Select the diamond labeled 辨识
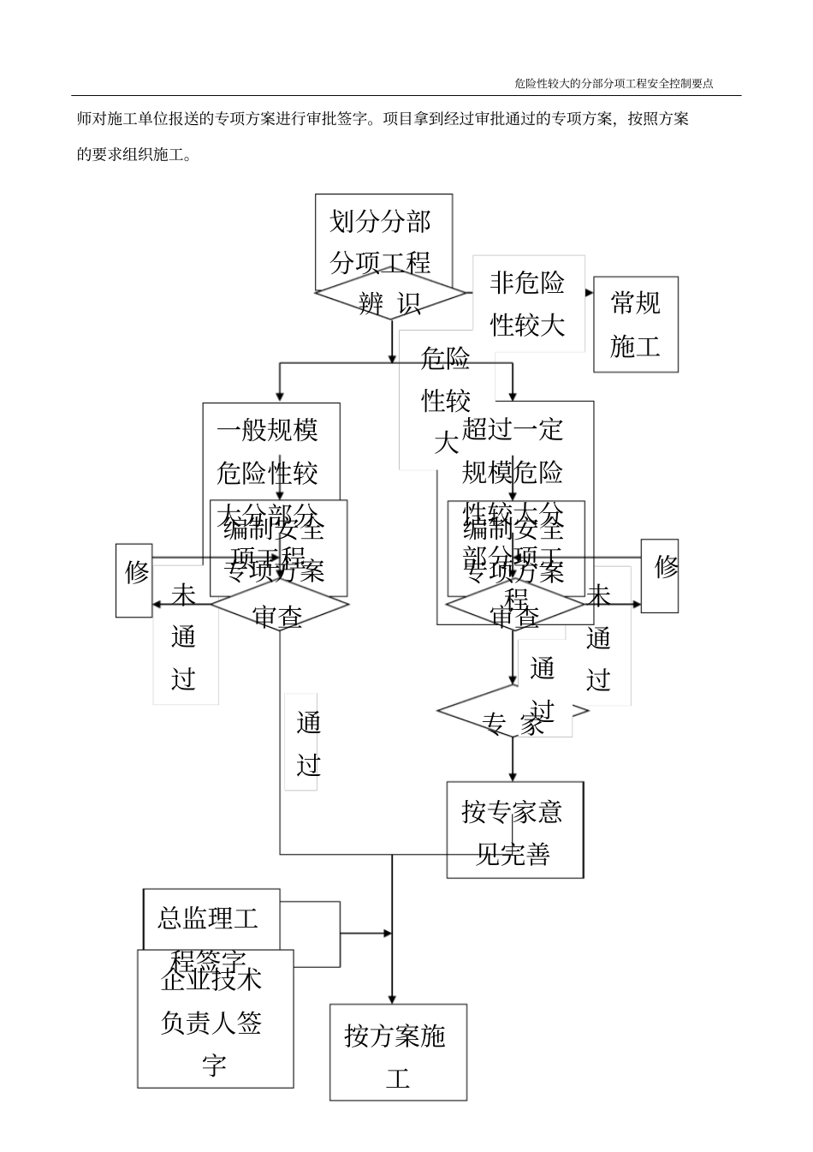(x=390, y=298)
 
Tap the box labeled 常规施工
(x=635, y=324)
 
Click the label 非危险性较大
(x=528, y=303)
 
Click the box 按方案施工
(x=398, y=1051)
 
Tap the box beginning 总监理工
(x=211, y=919)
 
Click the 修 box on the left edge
(x=134, y=579)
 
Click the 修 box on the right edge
(x=660, y=576)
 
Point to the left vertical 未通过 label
(x=185, y=638)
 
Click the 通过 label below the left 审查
(x=308, y=743)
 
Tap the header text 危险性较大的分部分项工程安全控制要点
(x=614, y=83)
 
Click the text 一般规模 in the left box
(x=267, y=428)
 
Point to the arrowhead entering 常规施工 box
(x=590, y=292)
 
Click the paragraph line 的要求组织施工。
(x=134, y=154)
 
